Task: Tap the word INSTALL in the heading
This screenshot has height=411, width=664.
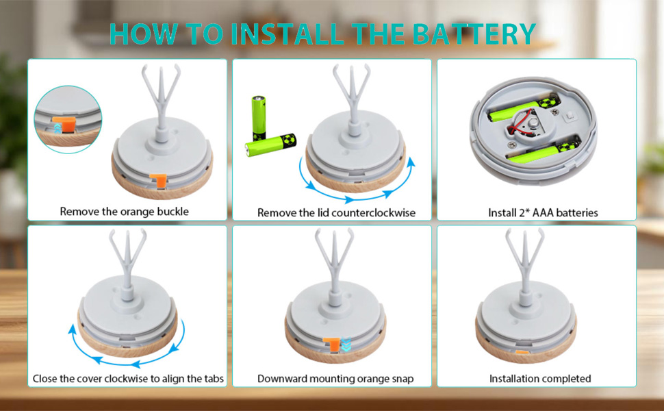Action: coord(277,34)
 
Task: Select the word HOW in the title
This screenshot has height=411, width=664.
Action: coord(140,34)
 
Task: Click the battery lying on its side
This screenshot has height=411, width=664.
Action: coord(272,145)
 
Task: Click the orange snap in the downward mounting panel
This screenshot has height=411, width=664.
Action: coord(332,345)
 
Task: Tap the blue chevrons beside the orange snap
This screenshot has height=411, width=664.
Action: coord(346,345)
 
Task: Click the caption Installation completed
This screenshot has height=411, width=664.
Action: coord(539,379)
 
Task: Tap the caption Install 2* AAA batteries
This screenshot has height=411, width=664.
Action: coord(542,213)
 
